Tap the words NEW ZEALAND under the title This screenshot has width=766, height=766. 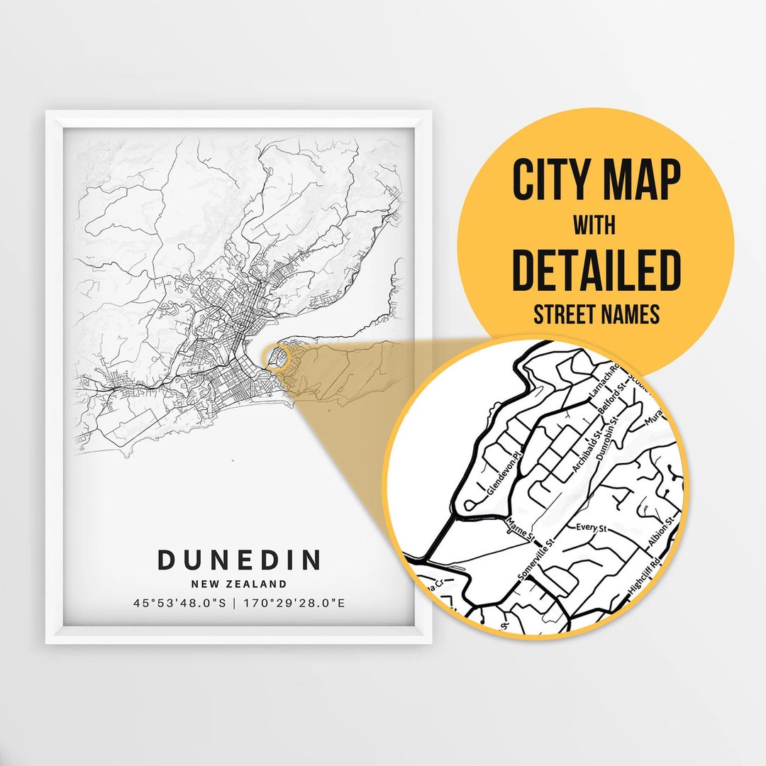(239, 584)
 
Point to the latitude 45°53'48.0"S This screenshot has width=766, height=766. (179, 604)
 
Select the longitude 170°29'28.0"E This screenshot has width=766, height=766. (293, 604)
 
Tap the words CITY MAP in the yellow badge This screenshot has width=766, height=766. (596, 181)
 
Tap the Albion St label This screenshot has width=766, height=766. (659, 533)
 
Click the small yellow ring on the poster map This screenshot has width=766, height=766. (277, 356)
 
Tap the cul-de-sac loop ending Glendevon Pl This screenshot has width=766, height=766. (471, 506)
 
